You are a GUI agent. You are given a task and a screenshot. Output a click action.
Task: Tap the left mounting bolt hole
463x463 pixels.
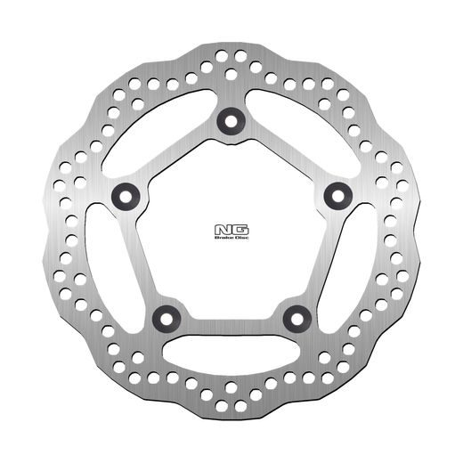123,195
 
